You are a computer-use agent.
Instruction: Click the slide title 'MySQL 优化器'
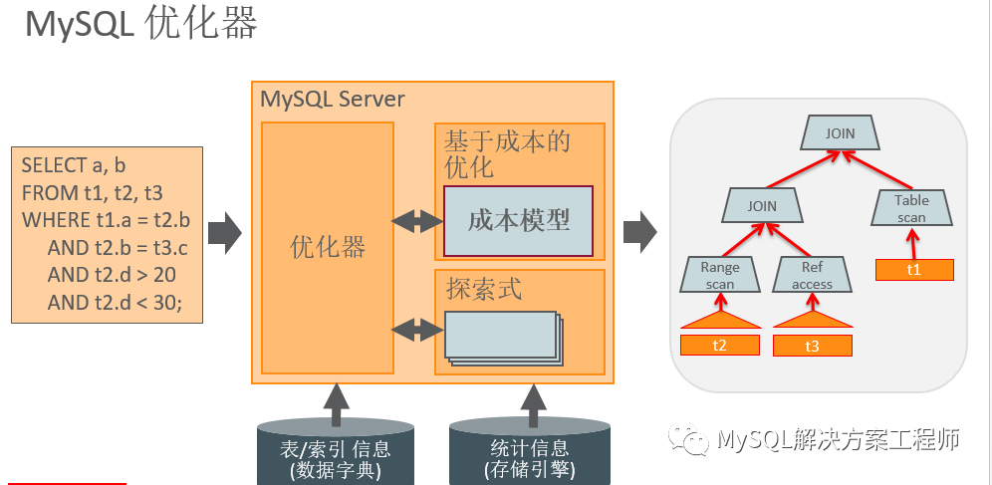point(140,25)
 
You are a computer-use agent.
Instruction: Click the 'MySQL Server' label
point(332,99)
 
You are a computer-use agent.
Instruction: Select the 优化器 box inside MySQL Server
point(328,247)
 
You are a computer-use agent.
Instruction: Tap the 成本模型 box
point(518,221)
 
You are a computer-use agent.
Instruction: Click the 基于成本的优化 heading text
point(508,153)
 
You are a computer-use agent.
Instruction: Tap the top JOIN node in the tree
point(840,132)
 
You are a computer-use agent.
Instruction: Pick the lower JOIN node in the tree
point(762,207)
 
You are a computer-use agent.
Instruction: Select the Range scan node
point(719,275)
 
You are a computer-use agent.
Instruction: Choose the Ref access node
point(812,275)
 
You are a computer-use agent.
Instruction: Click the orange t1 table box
point(914,269)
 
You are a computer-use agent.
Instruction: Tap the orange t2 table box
point(719,345)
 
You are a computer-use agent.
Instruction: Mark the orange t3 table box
point(812,345)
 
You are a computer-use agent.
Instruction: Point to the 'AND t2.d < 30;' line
point(115,303)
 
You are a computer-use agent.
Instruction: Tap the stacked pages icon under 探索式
point(502,337)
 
